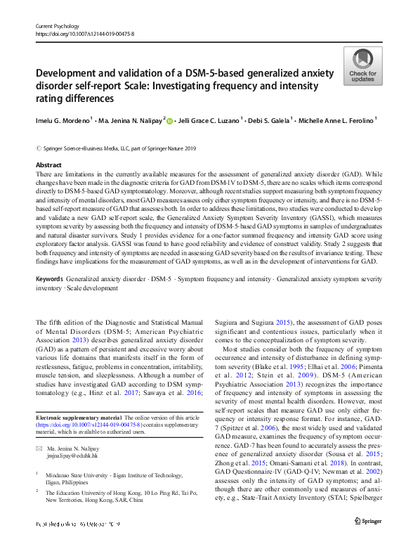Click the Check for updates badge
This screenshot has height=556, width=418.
(x=362, y=67)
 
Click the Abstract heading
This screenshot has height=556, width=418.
(x=48, y=164)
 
